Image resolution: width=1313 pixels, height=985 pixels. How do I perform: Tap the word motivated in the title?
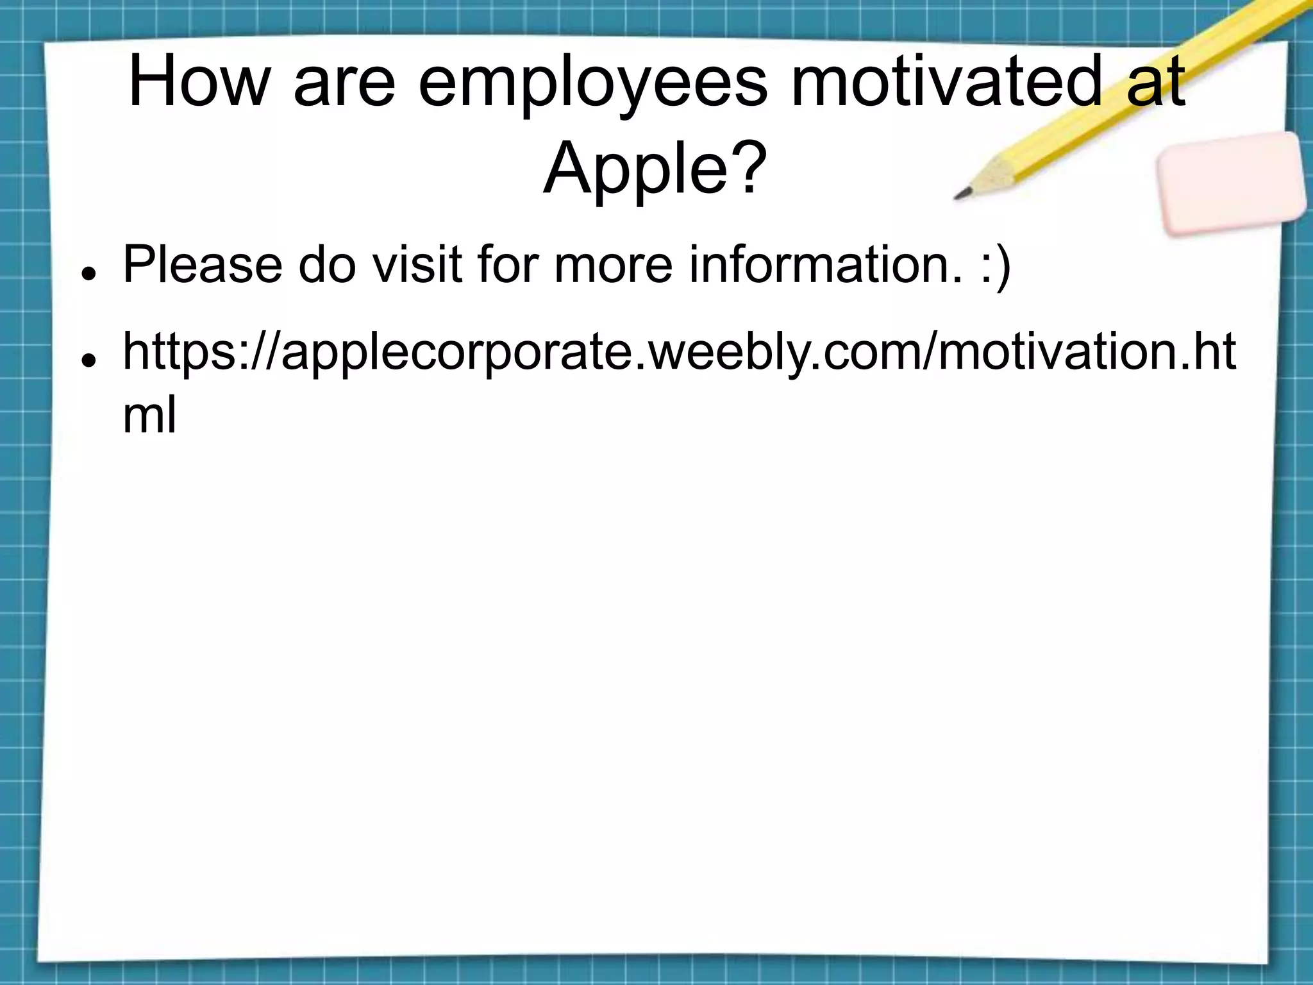(x=943, y=81)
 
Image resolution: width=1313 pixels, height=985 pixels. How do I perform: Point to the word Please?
(x=203, y=264)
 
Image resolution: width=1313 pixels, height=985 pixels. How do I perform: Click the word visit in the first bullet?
(x=417, y=264)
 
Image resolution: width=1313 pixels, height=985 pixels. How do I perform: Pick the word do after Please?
(x=327, y=264)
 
